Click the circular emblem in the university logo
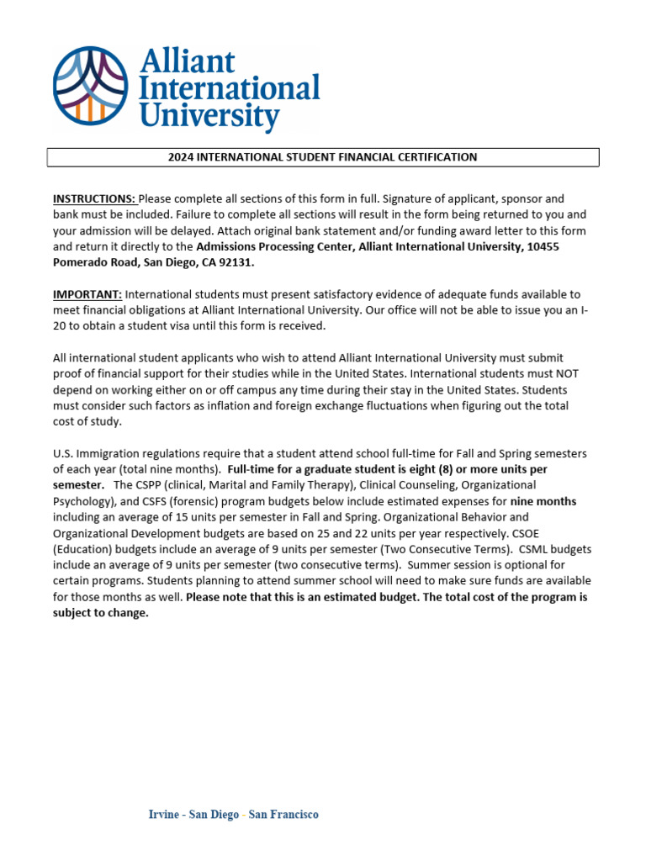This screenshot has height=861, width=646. tap(91, 85)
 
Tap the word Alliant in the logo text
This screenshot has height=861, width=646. tap(188, 61)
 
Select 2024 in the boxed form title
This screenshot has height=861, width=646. tap(183, 157)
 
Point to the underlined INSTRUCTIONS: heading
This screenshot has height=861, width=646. tap(94, 199)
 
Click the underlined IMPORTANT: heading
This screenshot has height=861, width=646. tap(87, 294)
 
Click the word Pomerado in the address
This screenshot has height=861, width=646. tap(81, 262)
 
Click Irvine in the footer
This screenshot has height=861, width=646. tap(164, 815)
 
